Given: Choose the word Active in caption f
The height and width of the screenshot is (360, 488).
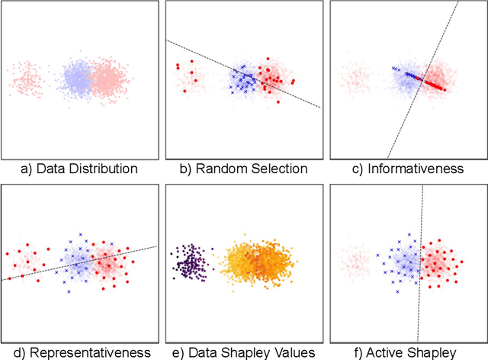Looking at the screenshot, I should [389, 352].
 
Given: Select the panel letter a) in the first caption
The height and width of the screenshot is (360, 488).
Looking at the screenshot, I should [32, 169].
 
